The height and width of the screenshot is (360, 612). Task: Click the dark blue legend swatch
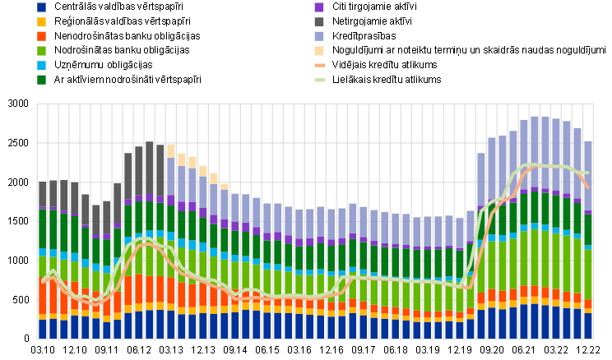(41, 7)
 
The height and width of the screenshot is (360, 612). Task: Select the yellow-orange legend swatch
(41, 22)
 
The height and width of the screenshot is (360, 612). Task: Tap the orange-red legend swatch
(41, 36)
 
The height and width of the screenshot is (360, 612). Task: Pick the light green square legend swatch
(41, 51)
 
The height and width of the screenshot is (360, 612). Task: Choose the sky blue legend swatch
(41, 65)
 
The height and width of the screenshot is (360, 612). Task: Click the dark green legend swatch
(41, 80)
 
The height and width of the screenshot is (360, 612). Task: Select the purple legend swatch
(319, 7)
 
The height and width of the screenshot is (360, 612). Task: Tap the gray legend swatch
(319, 22)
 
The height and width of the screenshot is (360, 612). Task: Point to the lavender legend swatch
(319, 36)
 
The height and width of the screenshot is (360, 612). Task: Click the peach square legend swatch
(319, 51)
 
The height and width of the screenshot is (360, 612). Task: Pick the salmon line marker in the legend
(319, 65)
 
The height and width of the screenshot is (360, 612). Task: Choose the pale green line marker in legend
(319, 80)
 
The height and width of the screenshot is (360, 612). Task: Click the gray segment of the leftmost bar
(43, 196)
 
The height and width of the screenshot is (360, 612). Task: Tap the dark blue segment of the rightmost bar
(588, 325)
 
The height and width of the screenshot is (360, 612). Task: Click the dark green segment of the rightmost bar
(588, 230)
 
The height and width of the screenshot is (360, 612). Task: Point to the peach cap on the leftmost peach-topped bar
(171, 150)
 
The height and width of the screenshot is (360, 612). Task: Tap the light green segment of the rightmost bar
(588, 275)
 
